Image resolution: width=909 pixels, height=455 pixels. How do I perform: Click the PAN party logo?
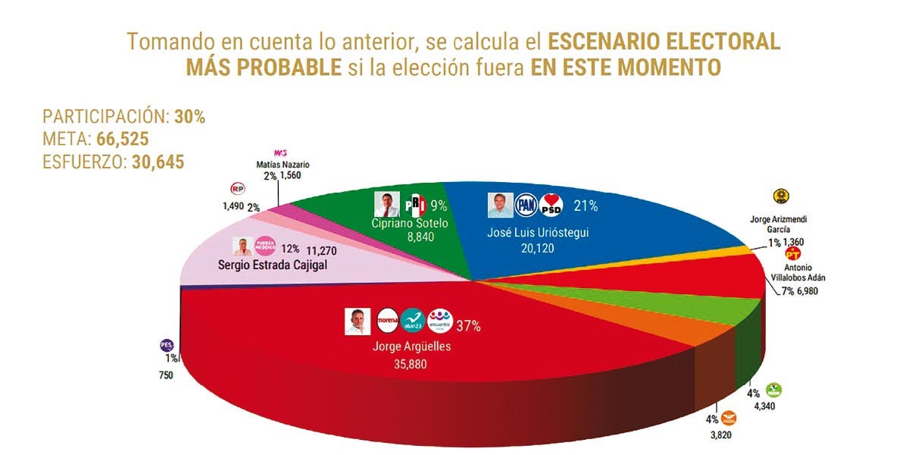tap(526, 205)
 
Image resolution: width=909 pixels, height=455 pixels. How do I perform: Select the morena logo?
tap(388, 320)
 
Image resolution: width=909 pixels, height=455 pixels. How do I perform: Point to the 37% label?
tap(467, 327)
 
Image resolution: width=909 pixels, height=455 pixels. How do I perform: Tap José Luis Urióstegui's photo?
tap(499, 205)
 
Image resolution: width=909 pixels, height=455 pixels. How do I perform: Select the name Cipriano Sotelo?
tap(410, 224)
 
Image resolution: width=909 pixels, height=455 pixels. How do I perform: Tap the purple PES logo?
tap(167, 345)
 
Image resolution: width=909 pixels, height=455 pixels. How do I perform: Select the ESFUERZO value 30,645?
tap(157, 162)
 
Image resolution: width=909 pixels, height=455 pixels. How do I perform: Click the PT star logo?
tap(794, 253)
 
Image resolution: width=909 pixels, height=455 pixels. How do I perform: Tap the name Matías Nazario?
tap(284, 165)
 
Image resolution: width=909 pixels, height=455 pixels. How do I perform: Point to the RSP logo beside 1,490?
tap(237, 190)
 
